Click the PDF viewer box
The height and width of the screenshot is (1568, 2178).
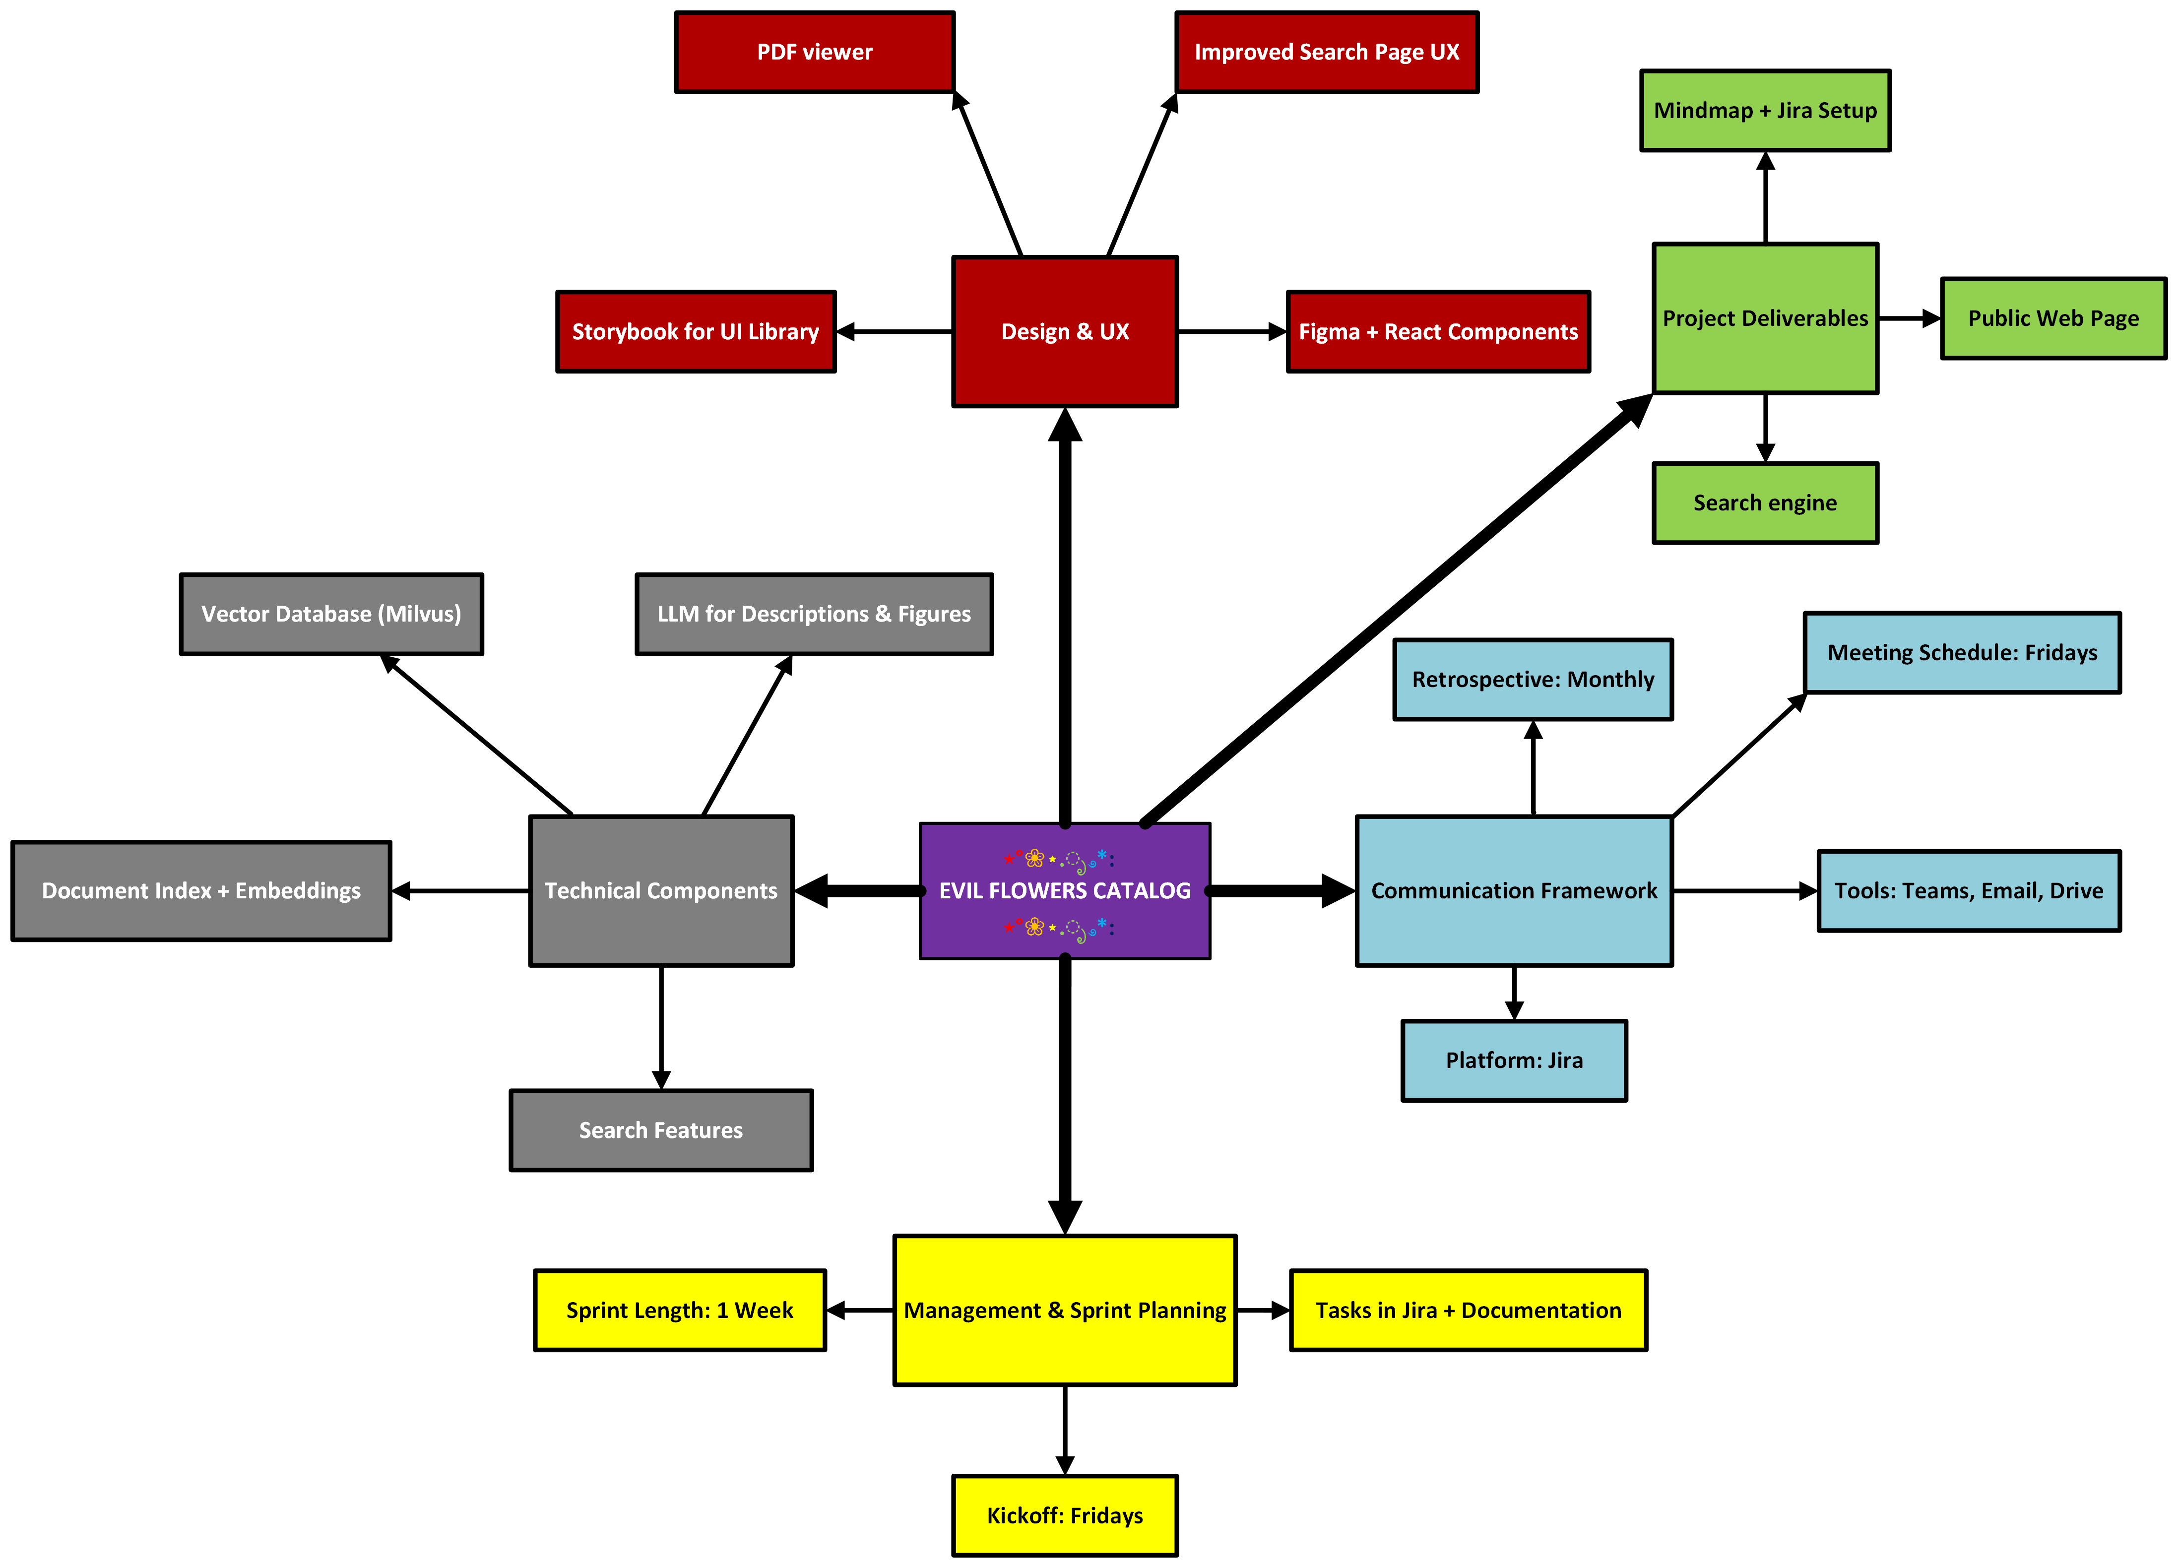click(x=814, y=52)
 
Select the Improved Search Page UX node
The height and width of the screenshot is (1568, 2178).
click(x=1326, y=52)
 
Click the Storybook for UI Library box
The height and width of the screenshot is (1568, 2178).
click(x=695, y=331)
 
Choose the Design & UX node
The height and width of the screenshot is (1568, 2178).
click(x=1064, y=331)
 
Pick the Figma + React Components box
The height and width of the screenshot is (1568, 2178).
click(x=1438, y=331)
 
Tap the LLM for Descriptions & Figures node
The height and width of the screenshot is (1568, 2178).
click(x=813, y=614)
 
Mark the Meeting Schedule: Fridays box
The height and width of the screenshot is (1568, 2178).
click(x=1961, y=652)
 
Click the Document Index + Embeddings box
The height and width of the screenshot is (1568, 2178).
click(x=201, y=890)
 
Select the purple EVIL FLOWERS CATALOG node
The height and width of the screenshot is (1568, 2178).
click(x=1064, y=890)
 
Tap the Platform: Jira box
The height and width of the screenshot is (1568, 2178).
click(x=1514, y=1060)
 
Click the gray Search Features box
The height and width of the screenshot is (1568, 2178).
click(x=661, y=1130)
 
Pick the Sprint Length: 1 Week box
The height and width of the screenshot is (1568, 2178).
click(x=679, y=1310)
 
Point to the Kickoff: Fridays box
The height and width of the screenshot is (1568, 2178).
click(x=1064, y=1515)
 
